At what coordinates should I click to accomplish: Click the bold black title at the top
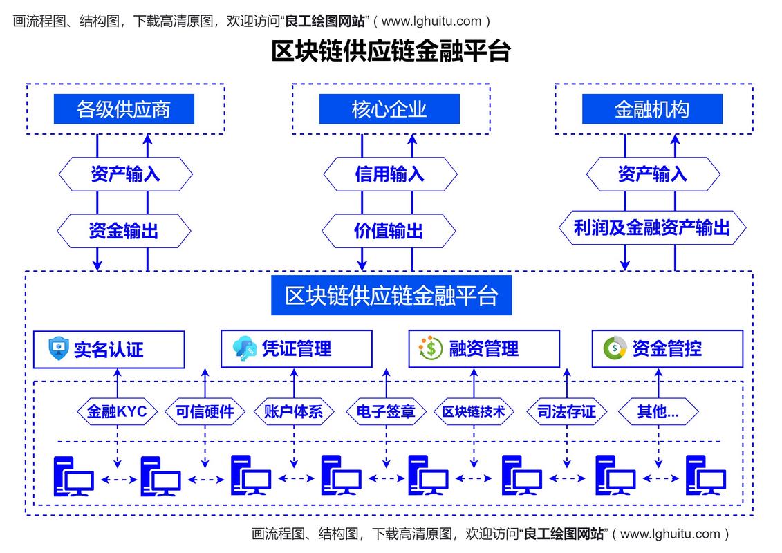[x=391, y=52]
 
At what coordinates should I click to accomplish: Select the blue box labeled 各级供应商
[x=124, y=109]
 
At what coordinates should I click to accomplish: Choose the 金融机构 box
[x=652, y=109]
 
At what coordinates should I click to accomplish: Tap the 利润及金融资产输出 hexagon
[x=652, y=228]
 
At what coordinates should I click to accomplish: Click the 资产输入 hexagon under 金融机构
[x=652, y=174]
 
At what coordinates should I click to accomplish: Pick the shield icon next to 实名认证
[x=59, y=348]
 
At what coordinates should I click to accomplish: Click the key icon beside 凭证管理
[x=245, y=348]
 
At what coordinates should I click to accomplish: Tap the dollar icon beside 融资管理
[x=431, y=348]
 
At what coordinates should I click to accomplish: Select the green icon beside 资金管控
[x=615, y=348]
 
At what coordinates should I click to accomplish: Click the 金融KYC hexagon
[x=117, y=412]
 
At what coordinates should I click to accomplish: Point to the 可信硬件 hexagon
[x=205, y=412]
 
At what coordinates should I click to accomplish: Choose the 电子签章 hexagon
[x=385, y=412]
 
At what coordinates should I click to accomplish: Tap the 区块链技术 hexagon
[x=474, y=412]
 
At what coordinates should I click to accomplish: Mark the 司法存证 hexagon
[x=566, y=412]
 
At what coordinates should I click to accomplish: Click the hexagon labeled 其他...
[x=658, y=412]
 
